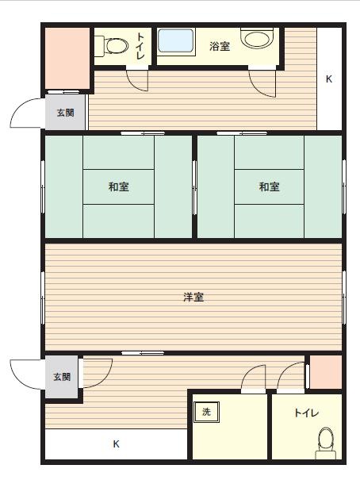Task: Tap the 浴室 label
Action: coord(220,46)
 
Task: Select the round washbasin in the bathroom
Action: coord(257,38)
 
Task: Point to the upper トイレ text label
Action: coord(140,46)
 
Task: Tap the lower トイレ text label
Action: coord(306,413)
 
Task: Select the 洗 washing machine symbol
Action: coord(206,412)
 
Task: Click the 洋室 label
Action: coord(193,297)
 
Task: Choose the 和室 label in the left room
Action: coord(118,186)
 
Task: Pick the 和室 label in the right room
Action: coord(270,186)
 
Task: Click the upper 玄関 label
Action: coord(65,113)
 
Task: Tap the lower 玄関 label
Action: coord(62,377)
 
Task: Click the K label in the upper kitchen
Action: coord(329,79)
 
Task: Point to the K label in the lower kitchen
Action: coord(116,444)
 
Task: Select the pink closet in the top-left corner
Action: coord(67,59)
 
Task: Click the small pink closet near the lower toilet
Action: coord(325,372)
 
